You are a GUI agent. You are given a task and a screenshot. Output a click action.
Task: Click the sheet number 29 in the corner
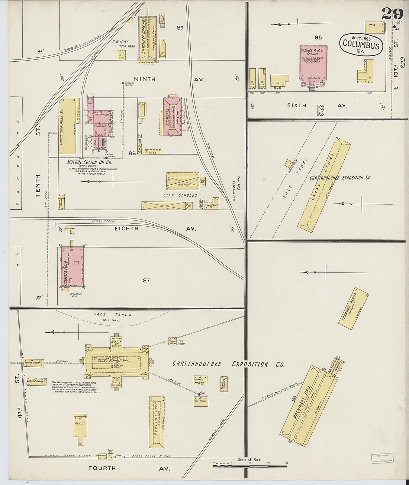pyautogui.click(x=392, y=14)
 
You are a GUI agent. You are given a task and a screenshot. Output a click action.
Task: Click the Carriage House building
pyautogui.click(x=353, y=308)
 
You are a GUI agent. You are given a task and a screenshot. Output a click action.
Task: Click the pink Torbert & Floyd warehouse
pyautogui.click(x=71, y=266)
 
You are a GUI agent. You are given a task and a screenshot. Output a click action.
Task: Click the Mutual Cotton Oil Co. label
pyautogui.click(x=90, y=162)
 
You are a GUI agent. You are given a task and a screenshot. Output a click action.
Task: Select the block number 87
pyautogui.click(x=146, y=280)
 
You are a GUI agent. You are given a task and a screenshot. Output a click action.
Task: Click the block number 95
pyautogui.click(x=318, y=37)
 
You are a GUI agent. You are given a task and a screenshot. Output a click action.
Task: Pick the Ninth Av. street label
pyautogui.click(x=145, y=79)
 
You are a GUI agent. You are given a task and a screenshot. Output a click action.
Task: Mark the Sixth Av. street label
pyautogui.click(x=297, y=106)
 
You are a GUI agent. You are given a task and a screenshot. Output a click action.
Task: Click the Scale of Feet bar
pyautogui.click(x=248, y=463)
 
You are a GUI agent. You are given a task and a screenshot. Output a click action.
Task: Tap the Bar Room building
pyautogui.click(x=201, y=401)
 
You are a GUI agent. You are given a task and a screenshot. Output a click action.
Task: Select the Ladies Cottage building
pyautogui.click(x=36, y=382)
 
